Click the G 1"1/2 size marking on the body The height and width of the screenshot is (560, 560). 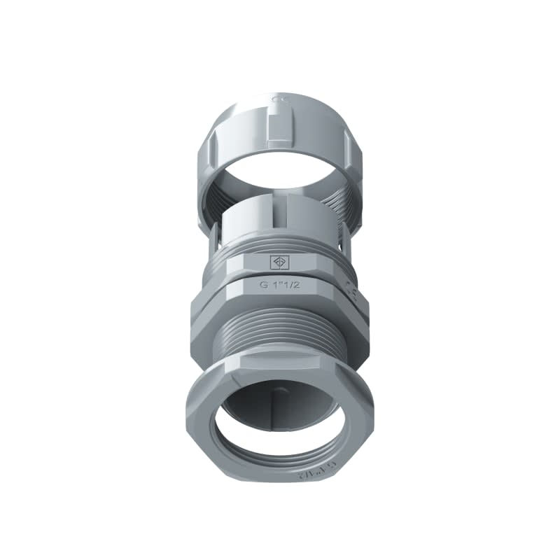[x=278, y=286]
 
